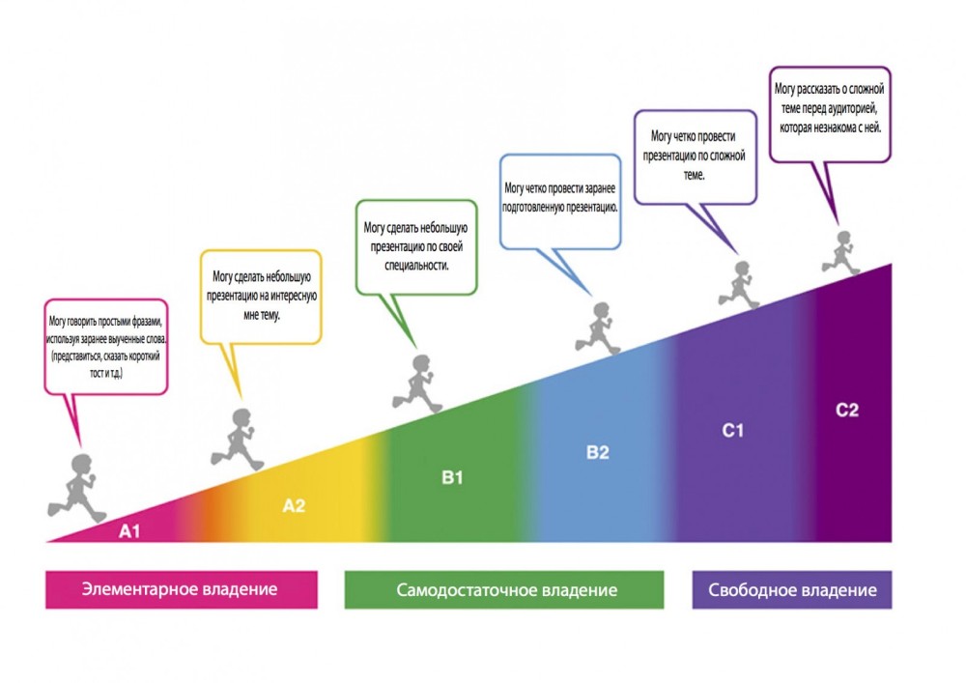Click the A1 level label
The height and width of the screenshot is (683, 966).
click(x=129, y=531)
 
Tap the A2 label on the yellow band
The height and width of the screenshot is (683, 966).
click(x=294, y=505)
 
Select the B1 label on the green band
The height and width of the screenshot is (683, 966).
click(x=452, y=477)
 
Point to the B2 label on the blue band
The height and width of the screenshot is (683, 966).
click(x=598, y=453)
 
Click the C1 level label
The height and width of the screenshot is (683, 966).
click(x=732, y=431)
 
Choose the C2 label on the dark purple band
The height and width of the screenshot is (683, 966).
click(x=847, y=411)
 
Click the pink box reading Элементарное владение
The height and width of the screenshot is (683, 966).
click(x=182, y=589)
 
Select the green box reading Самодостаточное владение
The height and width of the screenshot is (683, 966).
click(x=504, y=590)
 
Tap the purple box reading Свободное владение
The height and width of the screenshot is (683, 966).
click(x=792, y=590)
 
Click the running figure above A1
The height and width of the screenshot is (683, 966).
click(x=77, y=488)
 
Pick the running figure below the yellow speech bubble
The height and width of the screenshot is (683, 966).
click(x=238, y=440)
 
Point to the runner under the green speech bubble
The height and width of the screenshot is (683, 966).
click(x=417, y=384)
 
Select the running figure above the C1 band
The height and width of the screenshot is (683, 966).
click(x=739, y=285)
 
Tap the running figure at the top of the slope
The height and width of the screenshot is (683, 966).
click(x=841, y=252)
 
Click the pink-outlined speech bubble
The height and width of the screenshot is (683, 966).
click(x=106, y=347)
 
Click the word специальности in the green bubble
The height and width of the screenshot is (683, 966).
click(x=416, y=266)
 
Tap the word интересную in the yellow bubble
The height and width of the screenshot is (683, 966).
click(x=292, y=297)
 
